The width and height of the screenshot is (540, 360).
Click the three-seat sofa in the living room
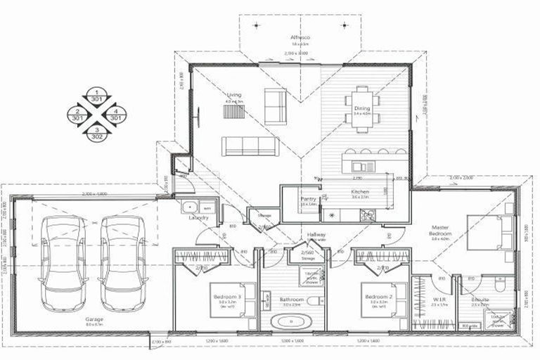click(248, 146)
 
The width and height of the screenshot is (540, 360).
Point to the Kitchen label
click(360, 191)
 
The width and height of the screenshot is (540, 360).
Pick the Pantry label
click(307, 199)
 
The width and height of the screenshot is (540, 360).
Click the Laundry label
click(199, 218)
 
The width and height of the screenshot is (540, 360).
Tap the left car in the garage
click(63, 262)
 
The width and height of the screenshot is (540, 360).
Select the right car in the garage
click(121, 262)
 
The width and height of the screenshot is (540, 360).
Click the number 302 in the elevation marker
click(97, 136)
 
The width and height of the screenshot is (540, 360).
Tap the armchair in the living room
click(274, 103)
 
